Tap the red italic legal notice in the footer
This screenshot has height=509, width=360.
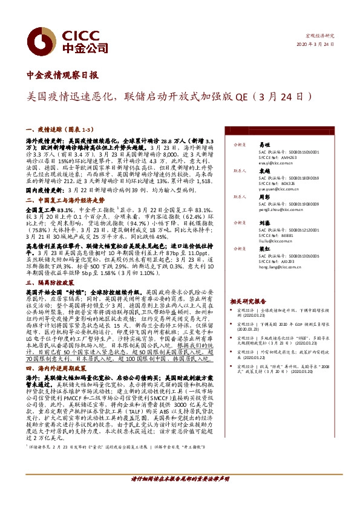[x=179, y=494]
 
